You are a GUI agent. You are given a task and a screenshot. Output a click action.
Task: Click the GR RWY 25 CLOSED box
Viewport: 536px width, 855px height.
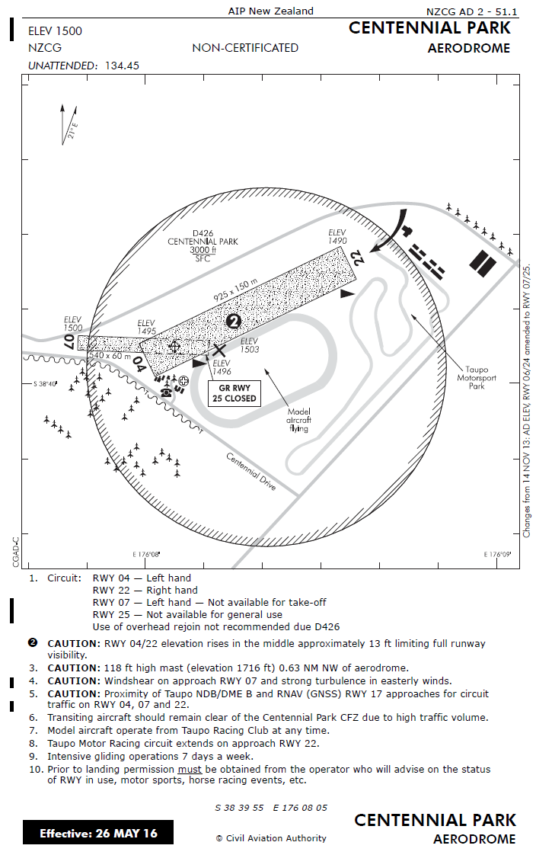pyautogui.click(x=234, y=393)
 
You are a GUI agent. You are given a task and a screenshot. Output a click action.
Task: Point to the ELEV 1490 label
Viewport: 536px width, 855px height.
pyautogui.click(x=337, y=236)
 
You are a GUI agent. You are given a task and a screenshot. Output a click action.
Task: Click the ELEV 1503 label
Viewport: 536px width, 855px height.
pyautogui.click(x=249, y=345)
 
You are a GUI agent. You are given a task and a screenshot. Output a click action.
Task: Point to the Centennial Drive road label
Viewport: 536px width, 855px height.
pyautogui.click(x=250, y=472)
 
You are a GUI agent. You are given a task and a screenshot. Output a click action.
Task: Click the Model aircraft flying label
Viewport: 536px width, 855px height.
pyautogui.click(x=298, y=420)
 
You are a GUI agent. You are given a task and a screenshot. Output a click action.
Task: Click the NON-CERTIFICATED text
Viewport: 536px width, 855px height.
pyautogui.click(x=245, y=48)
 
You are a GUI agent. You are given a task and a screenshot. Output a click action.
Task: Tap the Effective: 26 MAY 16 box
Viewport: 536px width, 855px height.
pyautogui.click(x=98, y=833)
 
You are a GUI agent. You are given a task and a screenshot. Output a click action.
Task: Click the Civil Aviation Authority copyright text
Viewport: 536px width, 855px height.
pyautogui.click(x=271, y=838)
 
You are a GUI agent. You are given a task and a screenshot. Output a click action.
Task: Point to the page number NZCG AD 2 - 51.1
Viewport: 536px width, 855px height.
pyautogui.click(x=471, y=11)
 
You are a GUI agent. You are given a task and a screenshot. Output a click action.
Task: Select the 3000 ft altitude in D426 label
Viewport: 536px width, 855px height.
pyautogui.click(x=203, y=250)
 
